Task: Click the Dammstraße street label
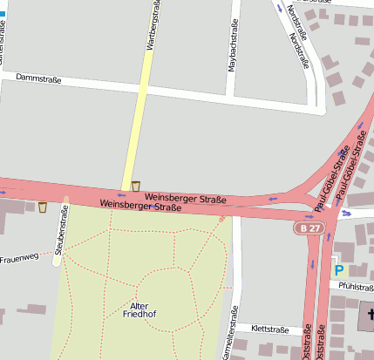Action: (x=38, y=79)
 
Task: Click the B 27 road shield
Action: (x=305, y=228)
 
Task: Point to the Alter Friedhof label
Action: (x=139, y=311)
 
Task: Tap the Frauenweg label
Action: (x=19, y=259)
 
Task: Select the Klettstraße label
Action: (x=269, y=329)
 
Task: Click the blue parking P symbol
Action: (x=339, y=270)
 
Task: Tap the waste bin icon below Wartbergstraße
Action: (x=136, y=186)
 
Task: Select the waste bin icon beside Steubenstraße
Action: (x=42, y=207)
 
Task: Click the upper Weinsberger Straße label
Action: (x=186, y=199)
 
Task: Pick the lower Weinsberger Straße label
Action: (x=140, y=207)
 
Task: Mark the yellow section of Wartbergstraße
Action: (x=135, y=131)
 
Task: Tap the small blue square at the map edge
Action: (x=3, y=16)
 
